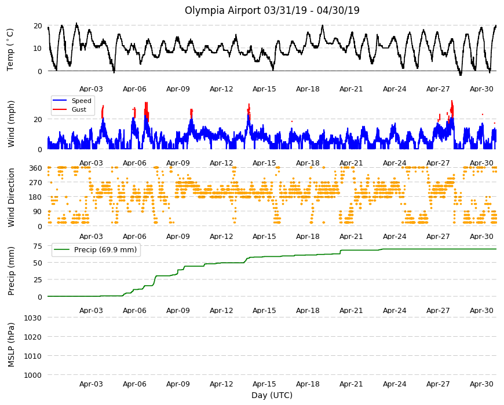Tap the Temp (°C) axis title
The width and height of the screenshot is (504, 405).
10,50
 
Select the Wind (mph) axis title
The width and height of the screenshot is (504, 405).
11,124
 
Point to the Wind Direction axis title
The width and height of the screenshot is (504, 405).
11,198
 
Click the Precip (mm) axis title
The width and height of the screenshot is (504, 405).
11,271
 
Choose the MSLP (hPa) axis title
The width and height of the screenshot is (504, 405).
11,345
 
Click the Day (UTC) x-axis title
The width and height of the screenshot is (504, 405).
272,395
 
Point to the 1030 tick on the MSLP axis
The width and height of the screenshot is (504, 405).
33,318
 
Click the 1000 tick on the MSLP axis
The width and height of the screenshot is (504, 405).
33,375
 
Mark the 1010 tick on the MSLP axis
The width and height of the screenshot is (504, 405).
33,356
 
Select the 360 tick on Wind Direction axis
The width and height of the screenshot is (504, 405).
35,168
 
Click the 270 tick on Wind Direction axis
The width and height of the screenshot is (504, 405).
35,183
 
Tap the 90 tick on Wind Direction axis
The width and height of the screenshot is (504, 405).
38,212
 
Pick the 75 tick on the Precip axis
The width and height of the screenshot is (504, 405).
38,246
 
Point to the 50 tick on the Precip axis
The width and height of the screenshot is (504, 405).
38,263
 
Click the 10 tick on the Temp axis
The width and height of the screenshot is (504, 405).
38,49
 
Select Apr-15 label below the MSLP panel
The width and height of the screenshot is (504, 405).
264,384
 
